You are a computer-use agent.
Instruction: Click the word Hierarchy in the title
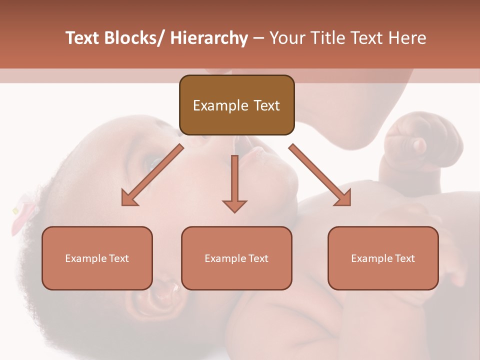(x=209, y=38)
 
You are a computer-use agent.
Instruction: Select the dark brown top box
(x=236, y=105)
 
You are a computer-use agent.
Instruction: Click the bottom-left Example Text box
(x=97, y=258)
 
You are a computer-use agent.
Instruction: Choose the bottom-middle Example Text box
(x=236, y=258)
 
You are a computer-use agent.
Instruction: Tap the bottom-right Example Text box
(x=383, y=258)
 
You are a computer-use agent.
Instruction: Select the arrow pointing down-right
(x=320, y=175)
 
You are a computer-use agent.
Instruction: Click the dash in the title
(x=258, y=38)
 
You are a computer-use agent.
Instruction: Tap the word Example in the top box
(x=220, y=105)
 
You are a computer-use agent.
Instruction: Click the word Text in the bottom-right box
(x=404, y=258)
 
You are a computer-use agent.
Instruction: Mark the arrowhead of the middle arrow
(x=234, y=205)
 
